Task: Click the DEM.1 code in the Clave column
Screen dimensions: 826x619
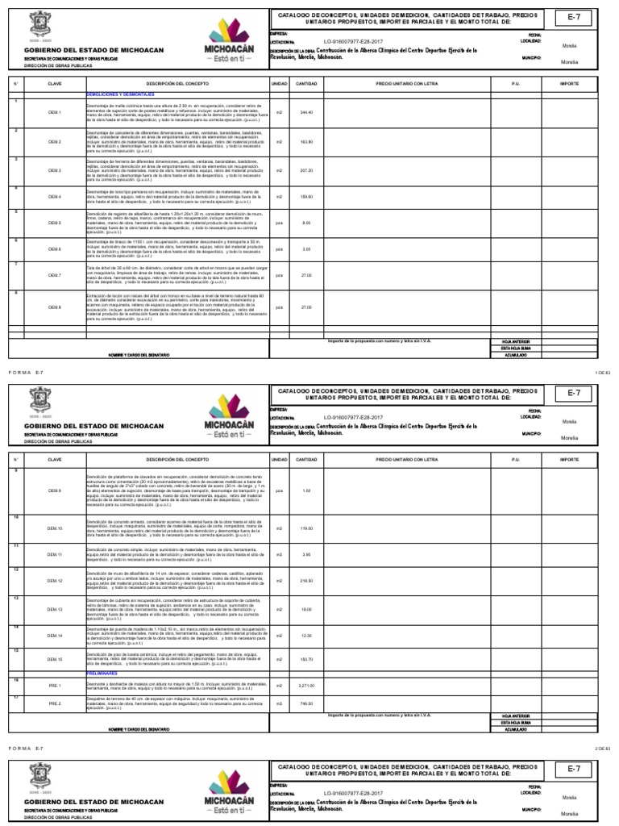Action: click(55, 112)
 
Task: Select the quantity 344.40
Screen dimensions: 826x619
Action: click(306, 112)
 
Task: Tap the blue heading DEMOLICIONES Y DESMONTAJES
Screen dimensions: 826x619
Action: click(122, 94)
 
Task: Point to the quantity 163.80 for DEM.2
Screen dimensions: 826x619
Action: click(306, 141)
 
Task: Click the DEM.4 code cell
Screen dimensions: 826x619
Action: click(55, 197)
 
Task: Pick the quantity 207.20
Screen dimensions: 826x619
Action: click(306, 171)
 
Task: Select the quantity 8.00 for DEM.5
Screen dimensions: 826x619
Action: click(306, 223)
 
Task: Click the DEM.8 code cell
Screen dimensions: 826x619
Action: click(55, 307)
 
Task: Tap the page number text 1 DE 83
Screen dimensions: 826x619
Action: click(604, 371)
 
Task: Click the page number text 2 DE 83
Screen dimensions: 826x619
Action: click(604, 749)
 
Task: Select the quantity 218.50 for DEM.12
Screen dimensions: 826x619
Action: click(306, 581)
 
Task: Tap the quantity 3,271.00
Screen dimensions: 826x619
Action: click(306, 686)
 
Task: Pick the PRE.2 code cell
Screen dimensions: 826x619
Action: click(55, 703)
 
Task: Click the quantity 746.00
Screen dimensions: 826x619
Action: click(306, 703)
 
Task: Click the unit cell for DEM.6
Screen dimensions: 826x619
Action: click(279, 249)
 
